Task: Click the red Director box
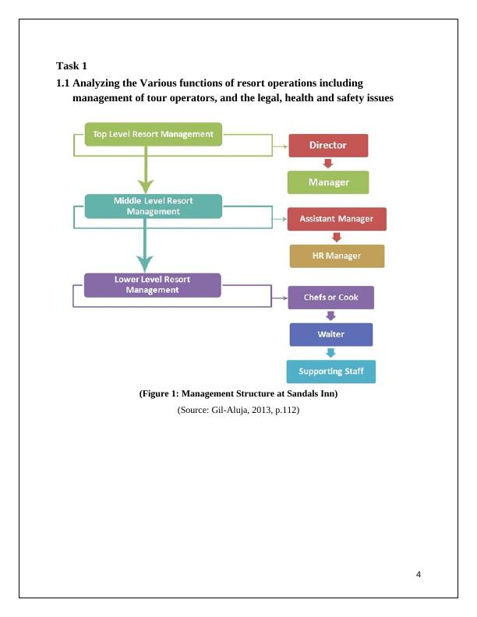click(x=328, y=146)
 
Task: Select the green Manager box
click(x=328, y=182)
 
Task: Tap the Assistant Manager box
click(x=337, y=219)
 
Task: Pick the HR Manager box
click(x=337, y=256)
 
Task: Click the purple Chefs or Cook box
click(x=330, y=298)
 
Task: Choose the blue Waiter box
click(x=330, y=334)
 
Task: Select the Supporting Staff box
click(x=330, y=372)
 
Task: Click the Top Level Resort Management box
click(x=153, y=134)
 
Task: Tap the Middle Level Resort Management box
click(x=153, y=206)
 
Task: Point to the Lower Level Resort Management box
click(x=153, y=284)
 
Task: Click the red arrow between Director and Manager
click(x=328, y=164)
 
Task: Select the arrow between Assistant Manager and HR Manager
click(x=337, y=238)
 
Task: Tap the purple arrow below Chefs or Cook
click(x=330, y=316)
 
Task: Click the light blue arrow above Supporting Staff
click(x=330, y=353)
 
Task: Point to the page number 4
click(x=419, y=575)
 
